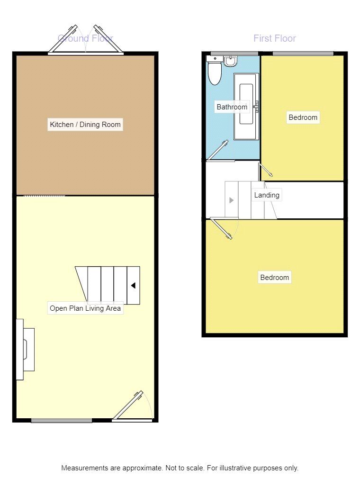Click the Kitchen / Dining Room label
[x=85, y=125]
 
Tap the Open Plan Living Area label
[x=85, y=308]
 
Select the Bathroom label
[x=232, y=107]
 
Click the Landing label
[x=267, y=195]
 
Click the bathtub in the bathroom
[x=246, y=105]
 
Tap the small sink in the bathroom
[x=231, y=61]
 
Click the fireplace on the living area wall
[x=25, y=349]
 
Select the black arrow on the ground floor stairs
[x=134, y=286]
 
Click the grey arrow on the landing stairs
[x=231, y=200]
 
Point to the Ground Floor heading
[x=85, y=38]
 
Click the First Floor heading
[x=275, y=38]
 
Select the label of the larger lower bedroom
[x=275, y=278]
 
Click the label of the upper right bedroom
[x=303, y=117]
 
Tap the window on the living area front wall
[x=62, y=420]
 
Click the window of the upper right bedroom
[x=303, y=53]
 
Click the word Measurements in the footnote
[x=83, y=468]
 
